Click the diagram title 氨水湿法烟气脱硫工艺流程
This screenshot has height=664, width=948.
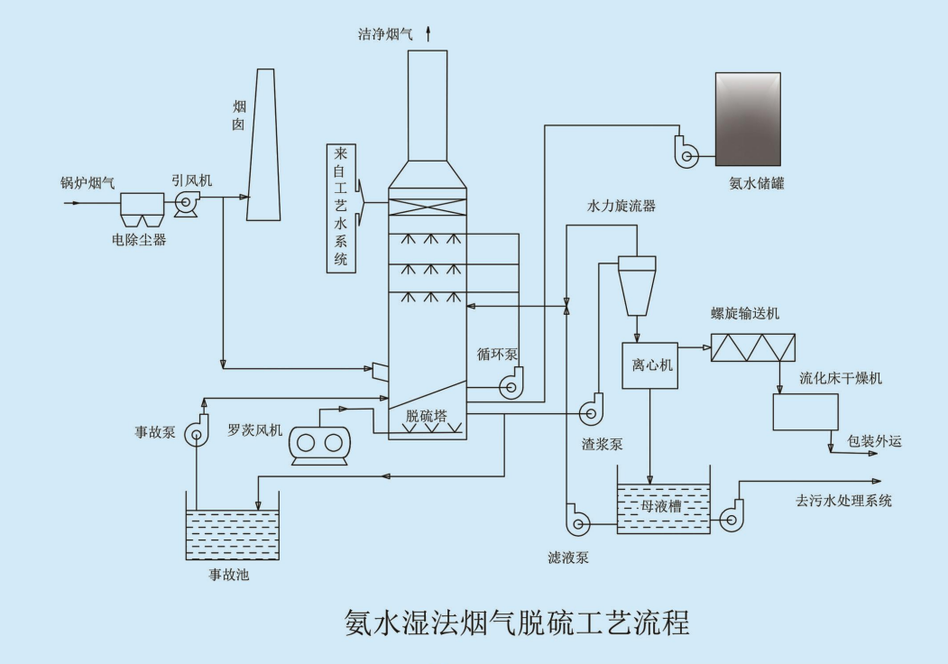pos(517,623)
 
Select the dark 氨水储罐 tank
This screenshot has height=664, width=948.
pos(748,118)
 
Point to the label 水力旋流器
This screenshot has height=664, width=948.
pos(621,206)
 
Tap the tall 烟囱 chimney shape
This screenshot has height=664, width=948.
pos(263,144)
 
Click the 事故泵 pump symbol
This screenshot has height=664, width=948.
pos(196,435)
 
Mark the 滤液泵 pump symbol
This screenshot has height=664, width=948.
pos(576,520)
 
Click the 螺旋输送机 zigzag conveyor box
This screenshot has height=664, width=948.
pos(753,348)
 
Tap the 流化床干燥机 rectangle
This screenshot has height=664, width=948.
pos(805,412)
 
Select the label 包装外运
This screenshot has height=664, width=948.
pos(874,442)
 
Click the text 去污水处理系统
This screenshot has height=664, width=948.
pos(843,501)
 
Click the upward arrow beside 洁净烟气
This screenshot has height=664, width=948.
pos(428,34)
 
